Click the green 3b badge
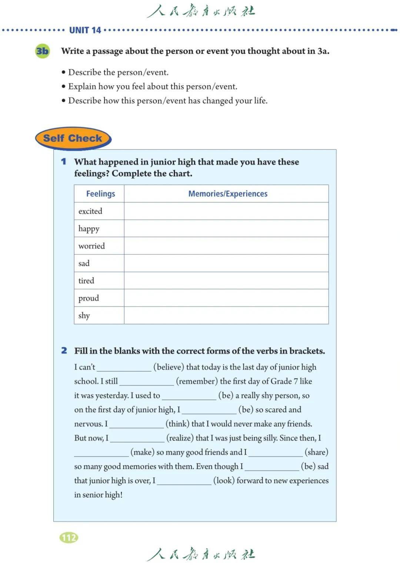[42, 51]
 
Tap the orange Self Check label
[73, 138]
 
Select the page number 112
[69, 538]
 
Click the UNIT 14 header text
[85, 30]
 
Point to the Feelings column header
[100, 194]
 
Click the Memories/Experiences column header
[228, 194]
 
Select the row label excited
[90, 211]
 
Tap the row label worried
[91, 246]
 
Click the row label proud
[89, 298]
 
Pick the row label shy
[84, 315]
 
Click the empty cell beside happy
[226, 228]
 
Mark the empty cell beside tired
[226, 281]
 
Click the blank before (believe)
[124, 368]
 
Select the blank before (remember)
[147, 382]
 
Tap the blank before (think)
[137, 425]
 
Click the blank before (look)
[184, 481]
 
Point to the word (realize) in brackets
[180, 438]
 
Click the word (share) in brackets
[316, 452]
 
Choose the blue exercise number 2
[64, 351]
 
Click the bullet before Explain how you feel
[64, 87]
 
